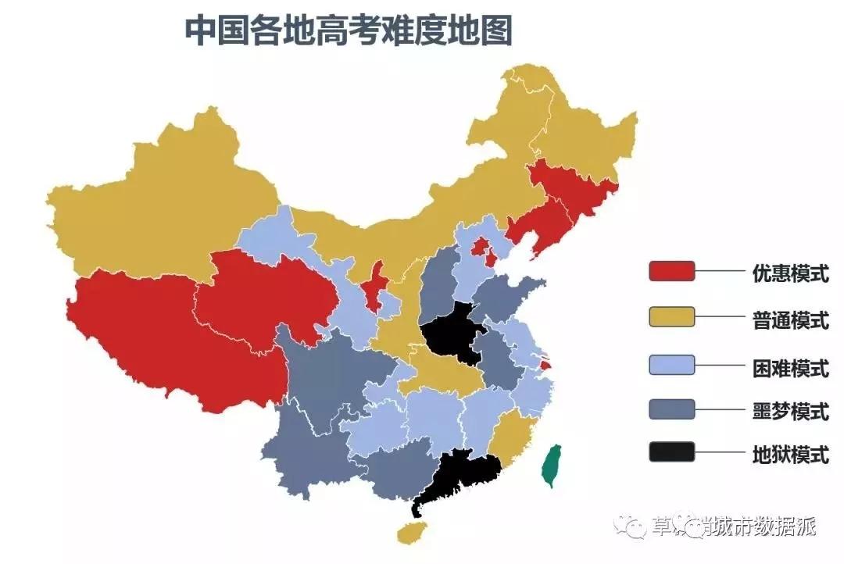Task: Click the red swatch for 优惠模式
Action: (671, 271)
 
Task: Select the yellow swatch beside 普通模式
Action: (671, 316)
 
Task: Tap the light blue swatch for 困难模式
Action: (671, 364)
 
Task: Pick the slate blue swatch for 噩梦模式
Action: (671, 409)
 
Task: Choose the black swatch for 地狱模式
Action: (671, 452)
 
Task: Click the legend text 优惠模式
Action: (790, 273)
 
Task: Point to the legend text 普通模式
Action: (790, 319)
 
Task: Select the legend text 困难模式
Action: (790, 366)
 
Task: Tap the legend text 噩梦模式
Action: (790, 410)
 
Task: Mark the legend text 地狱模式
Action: (790, 454)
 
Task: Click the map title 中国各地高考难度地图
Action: (349, 31)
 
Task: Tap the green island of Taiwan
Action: (552, 466)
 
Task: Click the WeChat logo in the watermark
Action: (630, 526)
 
